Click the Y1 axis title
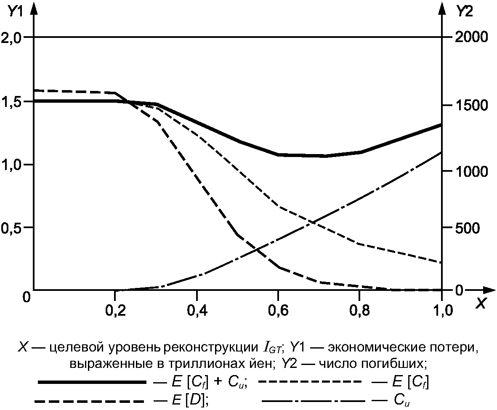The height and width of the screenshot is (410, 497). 15,11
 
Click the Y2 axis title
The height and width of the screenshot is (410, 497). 464,12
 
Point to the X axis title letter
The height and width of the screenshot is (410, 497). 481,304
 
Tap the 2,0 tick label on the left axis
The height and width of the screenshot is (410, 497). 11,38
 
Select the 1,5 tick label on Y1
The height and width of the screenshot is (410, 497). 11,102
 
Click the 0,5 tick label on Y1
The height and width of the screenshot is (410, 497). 11,228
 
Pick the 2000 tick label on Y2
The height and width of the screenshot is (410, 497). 471,37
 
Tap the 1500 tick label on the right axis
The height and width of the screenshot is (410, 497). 472,105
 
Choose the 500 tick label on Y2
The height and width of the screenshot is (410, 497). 468,228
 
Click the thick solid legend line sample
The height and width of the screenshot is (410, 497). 92,382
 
